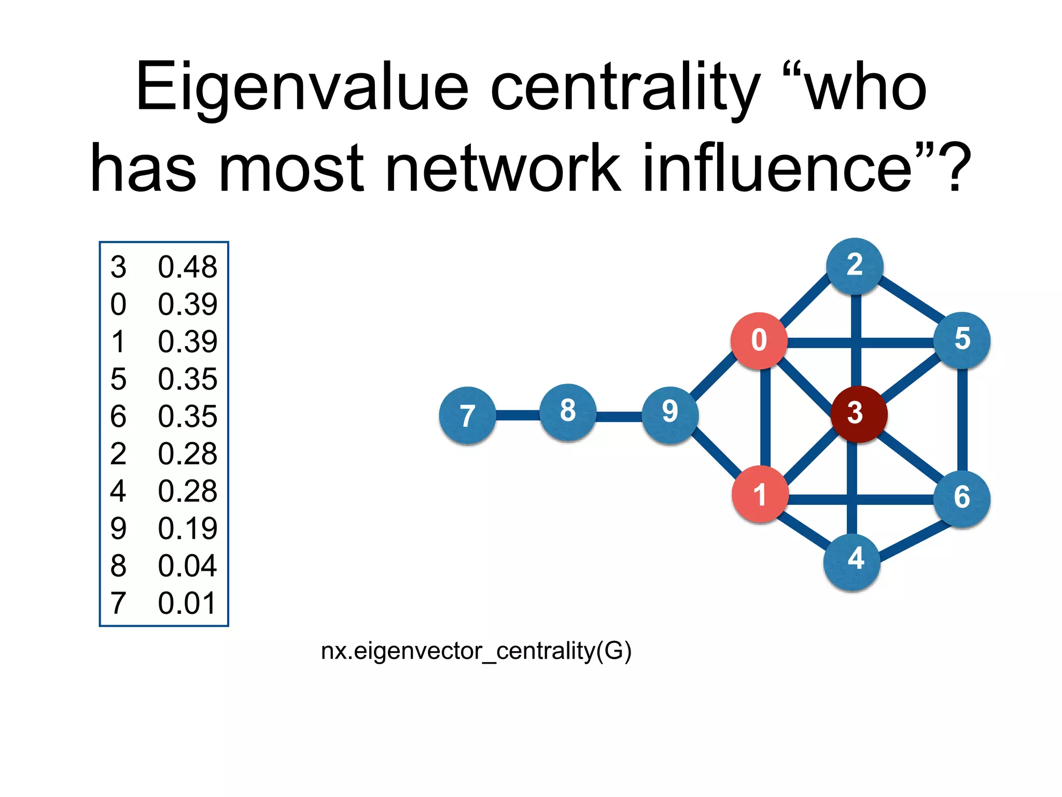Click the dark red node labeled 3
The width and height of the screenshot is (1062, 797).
click(x=859, y=414)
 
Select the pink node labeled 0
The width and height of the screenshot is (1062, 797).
click(x=759, y=341)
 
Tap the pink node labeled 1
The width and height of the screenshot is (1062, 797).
click(x=760, y=494)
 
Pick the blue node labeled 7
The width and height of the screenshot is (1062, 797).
click(x=467, y=415)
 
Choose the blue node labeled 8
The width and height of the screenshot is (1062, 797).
click(x=568, y=412)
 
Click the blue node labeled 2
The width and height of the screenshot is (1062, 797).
click(x=855, y=266)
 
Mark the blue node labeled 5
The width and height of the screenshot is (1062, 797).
click(x=962, y=340)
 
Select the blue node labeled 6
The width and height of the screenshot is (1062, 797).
click(x=962, y=499)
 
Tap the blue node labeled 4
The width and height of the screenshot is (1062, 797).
click(x=852, y=561)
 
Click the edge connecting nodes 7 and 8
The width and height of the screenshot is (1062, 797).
click(x=518, y=415)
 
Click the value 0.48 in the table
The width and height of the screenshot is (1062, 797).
click(x=187, y=267)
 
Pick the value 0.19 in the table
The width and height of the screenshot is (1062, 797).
click(x=187, y=529)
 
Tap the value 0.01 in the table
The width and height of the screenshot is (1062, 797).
click(x=187, y=603)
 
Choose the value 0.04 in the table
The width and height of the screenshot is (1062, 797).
click(x=187, y=566)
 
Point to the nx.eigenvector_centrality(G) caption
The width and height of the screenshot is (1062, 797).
click(x=476, y=651)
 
